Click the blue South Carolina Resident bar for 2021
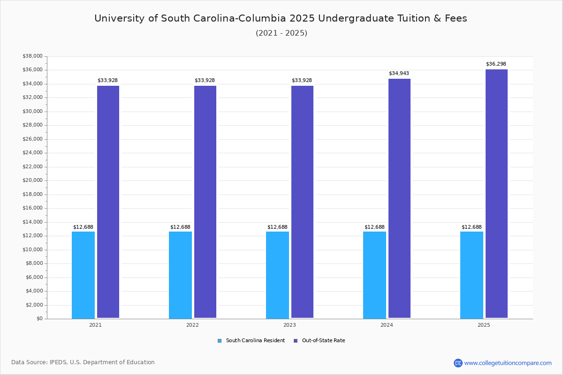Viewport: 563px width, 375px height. tap(83, 275)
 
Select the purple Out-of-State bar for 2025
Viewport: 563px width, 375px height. tap(496, 194)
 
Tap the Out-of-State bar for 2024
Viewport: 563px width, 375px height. tap(399, 198)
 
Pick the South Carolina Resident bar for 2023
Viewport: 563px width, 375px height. tap(277, 275)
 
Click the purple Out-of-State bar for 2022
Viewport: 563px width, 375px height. tap(205, 202)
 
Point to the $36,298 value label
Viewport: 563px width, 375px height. tap(496, 64)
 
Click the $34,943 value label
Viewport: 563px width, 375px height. tap(399, 74)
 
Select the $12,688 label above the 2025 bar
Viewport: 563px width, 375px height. tap(472, 227)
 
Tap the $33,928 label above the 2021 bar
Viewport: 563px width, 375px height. tap(107, 81)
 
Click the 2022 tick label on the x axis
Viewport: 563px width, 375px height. tap(192, 325)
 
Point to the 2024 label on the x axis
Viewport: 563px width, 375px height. tap(387, 325)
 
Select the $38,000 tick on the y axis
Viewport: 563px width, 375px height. tap(32, 56)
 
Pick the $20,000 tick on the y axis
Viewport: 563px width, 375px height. tap(32, 180)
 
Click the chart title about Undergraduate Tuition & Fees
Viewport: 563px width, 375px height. tap(281, 18)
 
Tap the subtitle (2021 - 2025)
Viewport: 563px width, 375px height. tap(281, 33)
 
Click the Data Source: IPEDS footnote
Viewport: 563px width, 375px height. tap(83, 362)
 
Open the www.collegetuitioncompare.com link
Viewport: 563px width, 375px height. tap(507, 363)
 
